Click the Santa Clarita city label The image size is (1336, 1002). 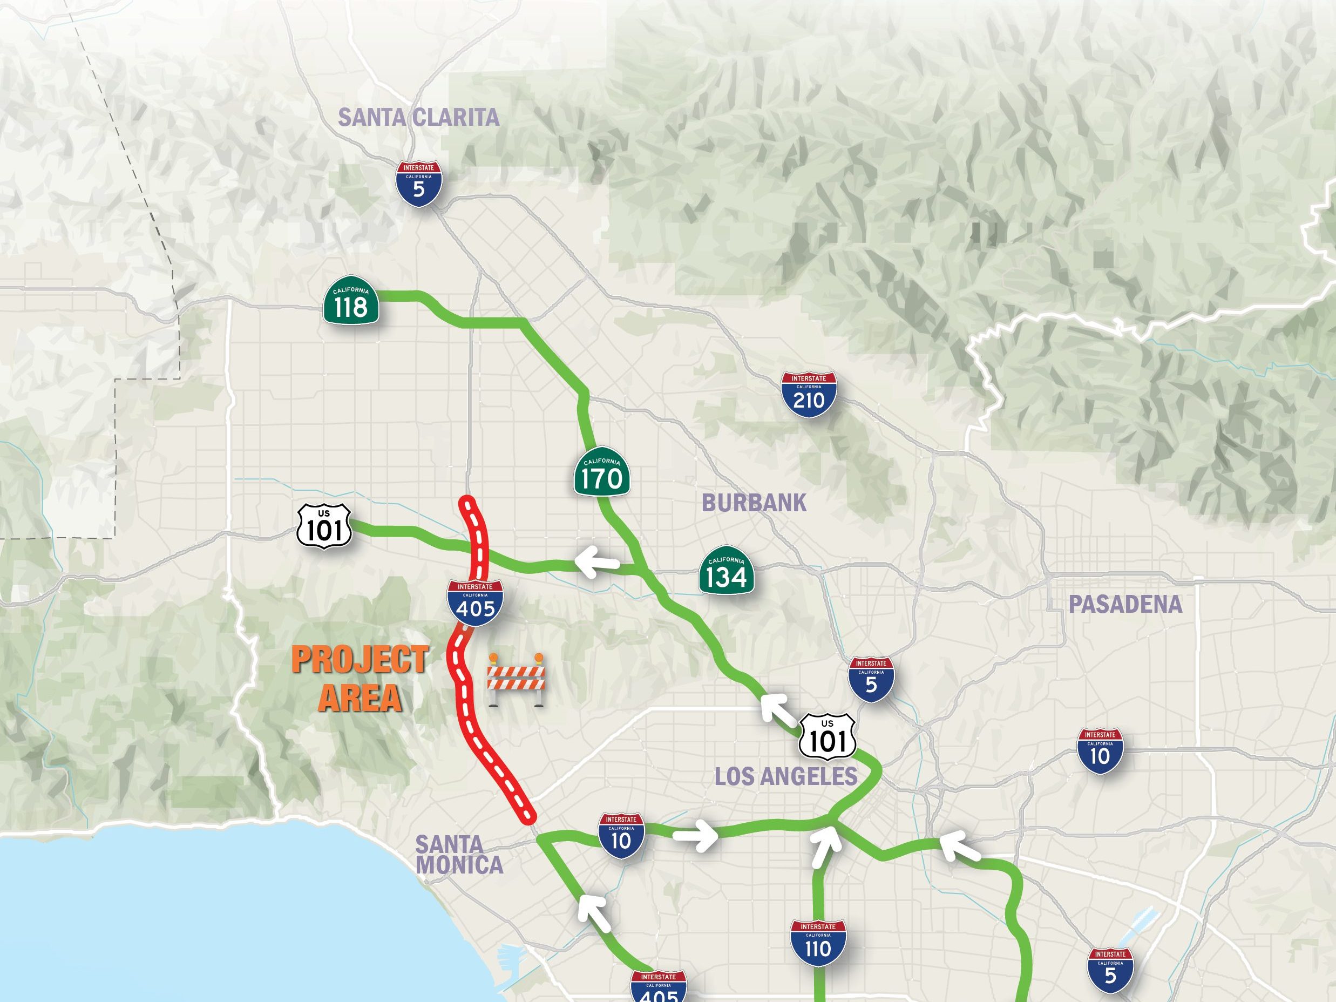pyautogui.click(x=418, y=117)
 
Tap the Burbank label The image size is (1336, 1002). pyautogui.click(x=754, y=503)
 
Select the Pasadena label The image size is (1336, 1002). pyautogui.click(x=1125, y=604)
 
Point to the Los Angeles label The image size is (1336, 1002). pyautogui.click(x=786, y=776)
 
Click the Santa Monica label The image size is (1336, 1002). pyautogui.click(x=459, y=854)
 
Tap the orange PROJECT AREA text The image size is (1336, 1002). pyautogui.click(x=360, y=678)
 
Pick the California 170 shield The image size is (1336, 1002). pyautogui.click(x=601, y=473)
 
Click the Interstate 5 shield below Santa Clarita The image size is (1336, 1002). pyautogui.click(x=418, y=184)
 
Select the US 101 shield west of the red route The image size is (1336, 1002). pyautogui.click(x=324, y=527)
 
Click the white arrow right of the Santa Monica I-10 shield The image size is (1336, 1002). pyautogui.click(x=696, y=836)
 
